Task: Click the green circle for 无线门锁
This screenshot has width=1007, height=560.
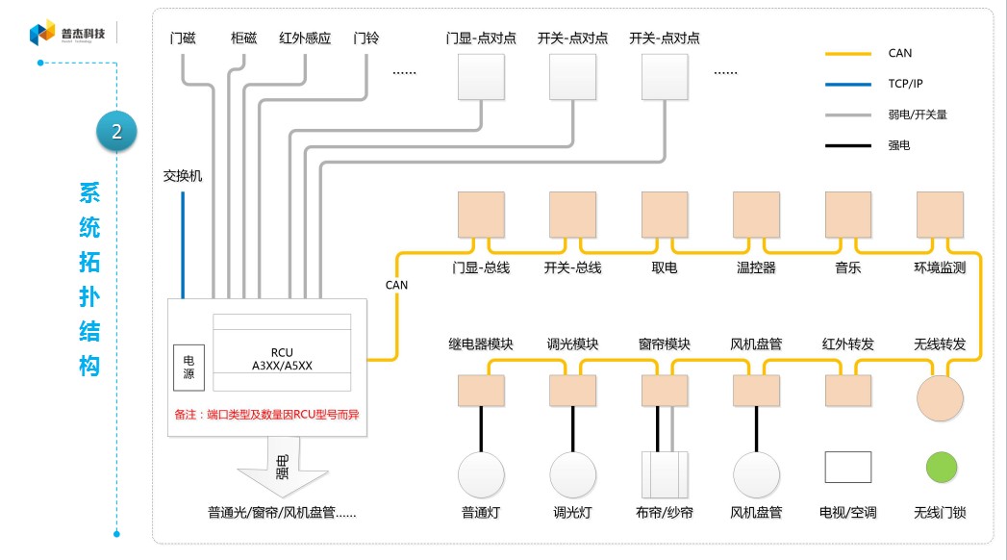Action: coord(941,468)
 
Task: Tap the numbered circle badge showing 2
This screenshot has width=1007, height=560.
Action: coord(116,132)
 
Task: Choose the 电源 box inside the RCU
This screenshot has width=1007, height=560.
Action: coord(189,367)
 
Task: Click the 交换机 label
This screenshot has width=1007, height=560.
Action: coord(183,177)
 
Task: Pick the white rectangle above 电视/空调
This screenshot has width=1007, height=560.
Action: coord(847,468)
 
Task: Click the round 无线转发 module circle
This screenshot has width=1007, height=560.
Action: coord(940,397)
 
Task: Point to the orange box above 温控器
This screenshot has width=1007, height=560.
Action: coord(756,215)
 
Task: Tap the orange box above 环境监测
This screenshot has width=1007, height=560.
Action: coord(940,215)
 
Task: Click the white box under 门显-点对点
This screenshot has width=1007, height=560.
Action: coord(480,77)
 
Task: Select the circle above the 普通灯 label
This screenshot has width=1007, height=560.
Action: coord(481,474)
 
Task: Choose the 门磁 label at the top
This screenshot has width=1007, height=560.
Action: coord(183,38)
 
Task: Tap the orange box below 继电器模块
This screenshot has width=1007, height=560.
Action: coord(481,390)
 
